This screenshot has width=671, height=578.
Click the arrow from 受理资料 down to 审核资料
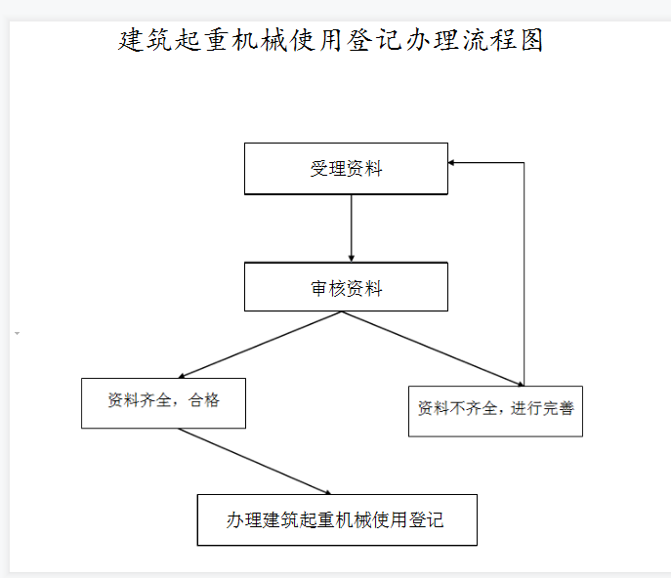tap(352, 228)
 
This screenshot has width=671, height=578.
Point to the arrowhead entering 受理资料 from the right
tap(451, 163)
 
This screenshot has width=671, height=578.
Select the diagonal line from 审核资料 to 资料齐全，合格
tap(260, 345)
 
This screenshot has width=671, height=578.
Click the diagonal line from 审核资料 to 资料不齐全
tap(433, 349)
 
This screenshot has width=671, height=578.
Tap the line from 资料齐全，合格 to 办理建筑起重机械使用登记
tap(255, 462)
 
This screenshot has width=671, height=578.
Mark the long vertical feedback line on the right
tap(524, 274)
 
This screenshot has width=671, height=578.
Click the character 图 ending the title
tap(532, 40)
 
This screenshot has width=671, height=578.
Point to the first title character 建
tap(130, 40)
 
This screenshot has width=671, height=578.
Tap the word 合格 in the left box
tap(204, 400)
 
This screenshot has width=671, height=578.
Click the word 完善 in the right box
tap(558, 408)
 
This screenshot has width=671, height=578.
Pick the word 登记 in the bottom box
tap(426, 520)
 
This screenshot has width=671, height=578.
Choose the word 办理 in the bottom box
tap(244, 520)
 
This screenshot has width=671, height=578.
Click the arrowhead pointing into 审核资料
tap(352, 259)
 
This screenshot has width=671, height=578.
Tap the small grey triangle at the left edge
tap(18, 333)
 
